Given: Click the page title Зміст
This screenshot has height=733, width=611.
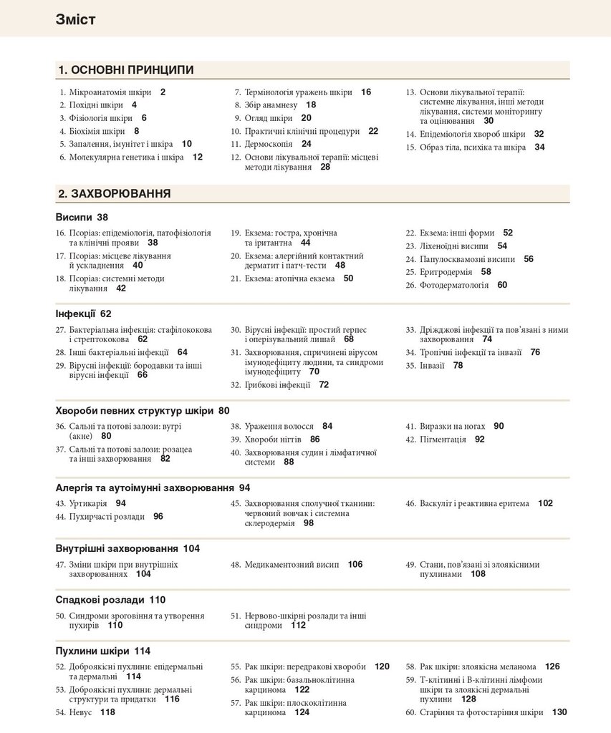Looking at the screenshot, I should [75, 19].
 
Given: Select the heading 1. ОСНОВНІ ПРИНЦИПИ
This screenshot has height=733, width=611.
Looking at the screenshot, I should [126, 69].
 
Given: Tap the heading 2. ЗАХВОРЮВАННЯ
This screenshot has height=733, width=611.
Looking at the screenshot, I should [114, 193].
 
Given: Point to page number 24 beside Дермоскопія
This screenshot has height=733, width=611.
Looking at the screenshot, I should [306, 144].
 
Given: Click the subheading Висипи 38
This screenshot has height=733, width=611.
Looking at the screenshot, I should [82, 217].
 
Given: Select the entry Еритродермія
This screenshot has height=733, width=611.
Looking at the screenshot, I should [446, 272].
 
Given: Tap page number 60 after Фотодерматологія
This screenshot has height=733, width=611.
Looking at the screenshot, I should [502, 285].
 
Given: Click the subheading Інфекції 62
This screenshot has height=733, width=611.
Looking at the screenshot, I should [84, 314].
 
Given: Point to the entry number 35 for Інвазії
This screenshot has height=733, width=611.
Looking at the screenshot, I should [410, 366].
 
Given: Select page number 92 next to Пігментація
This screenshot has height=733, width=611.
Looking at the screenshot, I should [479, 440].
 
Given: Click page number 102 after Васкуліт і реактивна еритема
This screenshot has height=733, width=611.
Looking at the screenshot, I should [545, 504].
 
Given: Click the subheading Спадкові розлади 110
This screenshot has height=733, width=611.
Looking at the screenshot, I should [110, 600].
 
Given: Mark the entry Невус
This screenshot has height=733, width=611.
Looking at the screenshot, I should [81, 713].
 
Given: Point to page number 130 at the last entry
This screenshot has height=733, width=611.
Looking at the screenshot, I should [559, 712].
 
